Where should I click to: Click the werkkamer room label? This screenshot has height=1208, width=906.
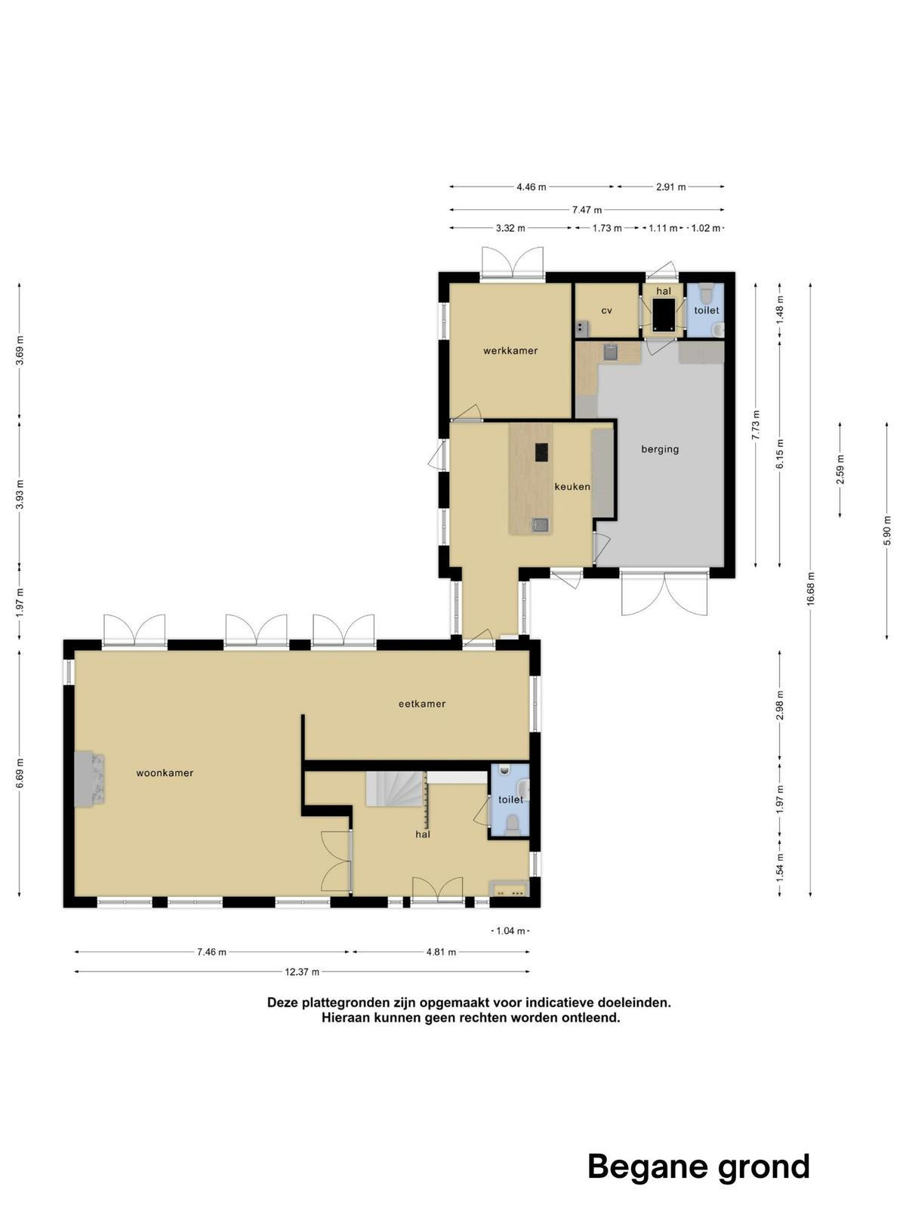coord(510,350)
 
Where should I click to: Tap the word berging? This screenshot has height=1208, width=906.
coord(660,450)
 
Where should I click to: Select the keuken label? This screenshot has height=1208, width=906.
coord(572,486)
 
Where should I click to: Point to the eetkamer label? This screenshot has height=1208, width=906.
coord(422,704)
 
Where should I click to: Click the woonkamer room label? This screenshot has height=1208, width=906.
coord(165,772)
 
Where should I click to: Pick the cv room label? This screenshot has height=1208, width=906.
coord(606,311)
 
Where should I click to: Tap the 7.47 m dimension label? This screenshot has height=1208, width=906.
coord(587,210)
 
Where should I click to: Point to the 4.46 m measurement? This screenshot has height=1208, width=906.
coord(531,186)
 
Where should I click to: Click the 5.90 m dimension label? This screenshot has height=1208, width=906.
coord(886,531)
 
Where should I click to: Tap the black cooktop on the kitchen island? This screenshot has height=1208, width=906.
coord(542,452)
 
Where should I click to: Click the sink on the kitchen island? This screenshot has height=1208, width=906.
coord(540,525)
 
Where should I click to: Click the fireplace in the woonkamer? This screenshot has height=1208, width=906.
coord(89,779)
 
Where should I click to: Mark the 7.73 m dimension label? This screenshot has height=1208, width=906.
coord(756,425)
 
